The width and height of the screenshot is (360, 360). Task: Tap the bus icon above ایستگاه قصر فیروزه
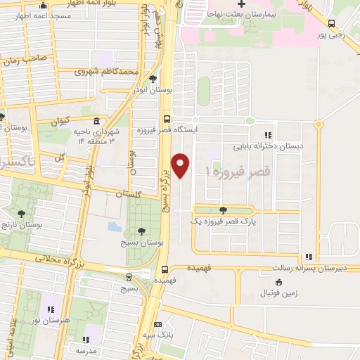click(x=167, y=119)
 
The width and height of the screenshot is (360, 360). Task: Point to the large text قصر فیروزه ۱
click(x=233, y=170)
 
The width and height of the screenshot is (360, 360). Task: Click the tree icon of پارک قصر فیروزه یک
click(x=223, y=210)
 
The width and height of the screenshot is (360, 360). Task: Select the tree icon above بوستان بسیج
click(x=142, y=230)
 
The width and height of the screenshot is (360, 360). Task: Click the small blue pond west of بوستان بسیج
click(x=113, y=227)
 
